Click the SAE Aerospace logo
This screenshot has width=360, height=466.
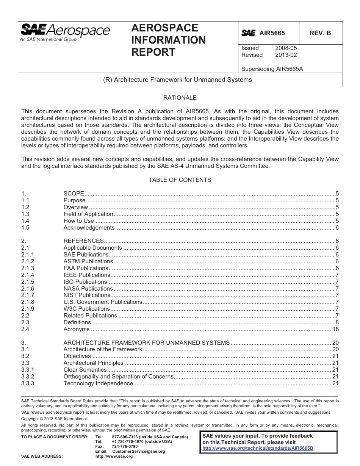pos(65,32)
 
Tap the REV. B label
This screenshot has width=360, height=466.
pos(320,33)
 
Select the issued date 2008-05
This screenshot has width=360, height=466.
pos(286,48)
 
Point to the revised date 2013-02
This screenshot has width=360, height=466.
pos(286,55)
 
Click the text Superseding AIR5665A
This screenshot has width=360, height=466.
pos(272,69)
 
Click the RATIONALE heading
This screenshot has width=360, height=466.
pos(180,98)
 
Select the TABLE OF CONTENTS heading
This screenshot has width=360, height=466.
pos(180,180)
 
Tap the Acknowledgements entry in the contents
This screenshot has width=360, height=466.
pos(89,228)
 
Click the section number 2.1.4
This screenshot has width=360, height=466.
pos(28,275)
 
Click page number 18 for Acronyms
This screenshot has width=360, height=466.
pos(335,329)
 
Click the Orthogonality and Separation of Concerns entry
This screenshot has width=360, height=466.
pos(118,377)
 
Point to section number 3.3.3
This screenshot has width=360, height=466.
pos(28,383)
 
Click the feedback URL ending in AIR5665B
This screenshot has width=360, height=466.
pos(258,448)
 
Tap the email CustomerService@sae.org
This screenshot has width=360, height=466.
pos(139,452)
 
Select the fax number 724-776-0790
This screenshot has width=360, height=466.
pos(125,447)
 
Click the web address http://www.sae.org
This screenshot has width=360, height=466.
pos(114,457)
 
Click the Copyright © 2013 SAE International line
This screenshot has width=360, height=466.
pos(54,419)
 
